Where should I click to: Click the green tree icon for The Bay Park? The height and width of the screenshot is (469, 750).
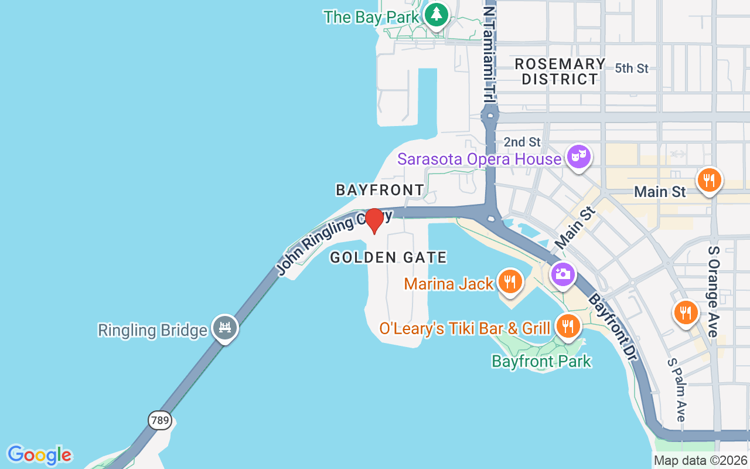pos(436,15)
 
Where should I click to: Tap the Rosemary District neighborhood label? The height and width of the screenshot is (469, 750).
pos(560,72)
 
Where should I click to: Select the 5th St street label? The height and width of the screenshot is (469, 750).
pos(632,69)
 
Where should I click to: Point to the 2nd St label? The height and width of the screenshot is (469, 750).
pos(522,142)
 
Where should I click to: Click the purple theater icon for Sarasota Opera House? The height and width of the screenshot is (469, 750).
pos(578,157)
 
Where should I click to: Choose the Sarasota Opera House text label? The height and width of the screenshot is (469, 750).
pos(479,159)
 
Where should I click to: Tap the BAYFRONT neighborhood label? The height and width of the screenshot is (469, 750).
pos(380,190)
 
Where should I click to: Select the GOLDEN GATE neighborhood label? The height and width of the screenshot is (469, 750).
pos(388,257)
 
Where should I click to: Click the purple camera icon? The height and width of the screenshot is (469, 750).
pos(562,274)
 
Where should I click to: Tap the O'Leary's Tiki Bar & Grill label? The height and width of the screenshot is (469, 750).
pos(465,328)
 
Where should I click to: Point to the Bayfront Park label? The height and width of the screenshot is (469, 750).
pos(541,361)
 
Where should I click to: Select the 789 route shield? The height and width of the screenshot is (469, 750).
pos(159,420)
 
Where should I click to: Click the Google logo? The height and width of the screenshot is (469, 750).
pos(39,455)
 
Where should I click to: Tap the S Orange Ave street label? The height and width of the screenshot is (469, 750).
pos(714,291)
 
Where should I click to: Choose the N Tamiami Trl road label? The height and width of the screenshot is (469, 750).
pos(489,53)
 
